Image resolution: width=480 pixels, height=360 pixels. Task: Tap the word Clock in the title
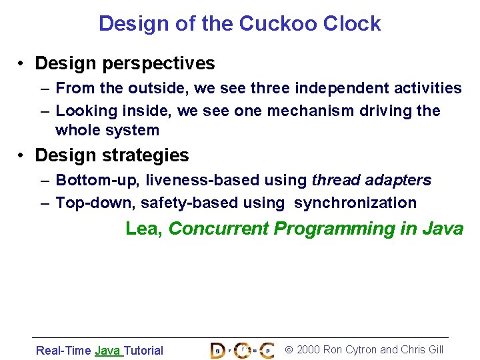(x=352, y=24)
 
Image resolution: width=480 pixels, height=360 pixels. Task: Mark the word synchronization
(x=355, y=203)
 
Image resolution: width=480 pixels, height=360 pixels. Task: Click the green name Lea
(x=144, y=229)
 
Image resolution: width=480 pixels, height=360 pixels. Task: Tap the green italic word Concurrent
(x=219, y=229)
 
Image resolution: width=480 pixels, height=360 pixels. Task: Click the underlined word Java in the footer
(x=107, y=351)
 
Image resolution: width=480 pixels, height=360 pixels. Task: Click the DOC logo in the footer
(x=241, y=350)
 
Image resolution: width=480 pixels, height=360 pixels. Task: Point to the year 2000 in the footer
(x=308, y=350)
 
